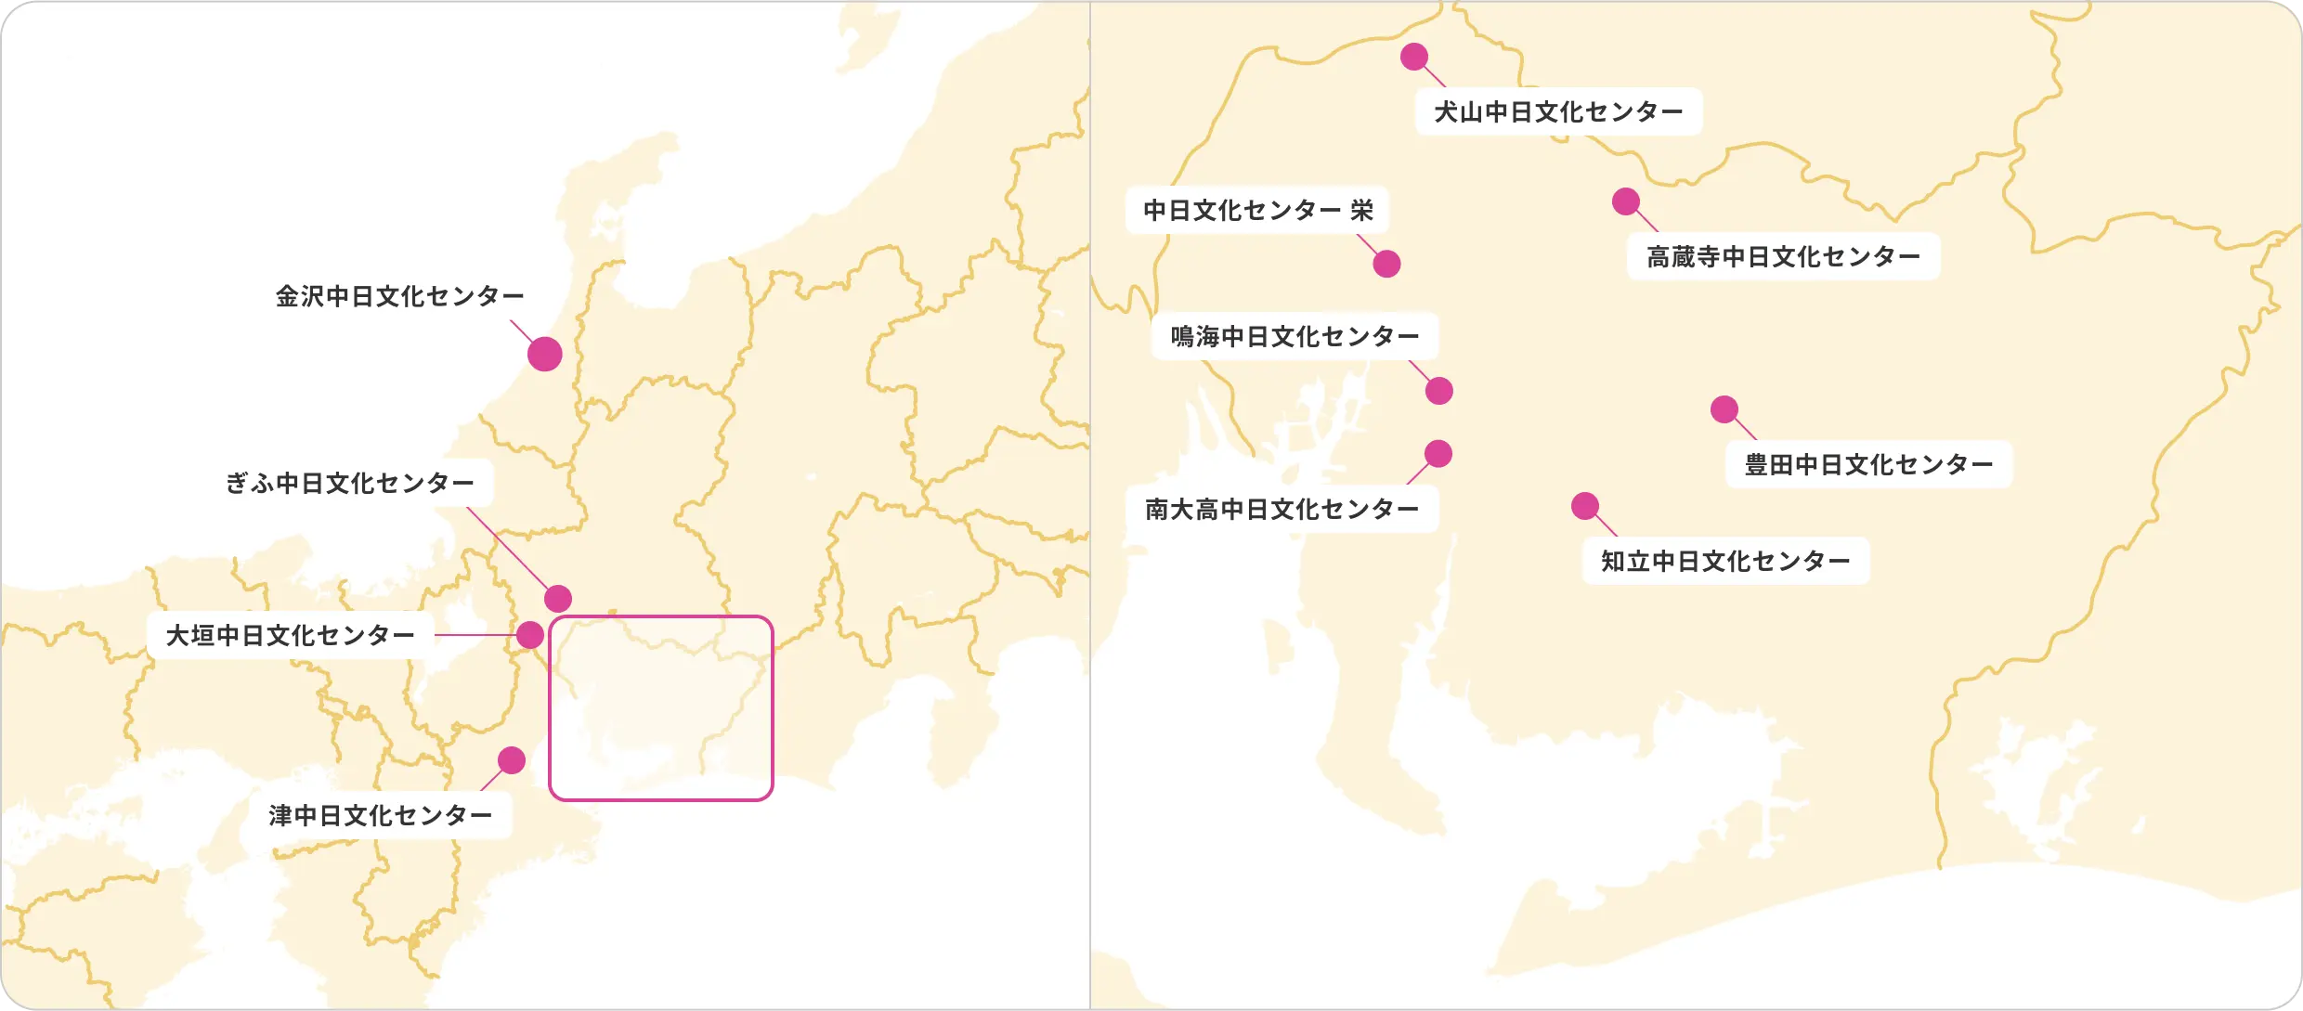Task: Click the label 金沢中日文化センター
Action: click(399, 296)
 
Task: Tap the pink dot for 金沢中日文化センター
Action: click(545, 354)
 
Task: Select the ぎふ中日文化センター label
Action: click(349, 483)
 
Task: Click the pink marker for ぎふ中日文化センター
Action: click(558, 599)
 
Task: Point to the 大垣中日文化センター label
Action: click(290, 635)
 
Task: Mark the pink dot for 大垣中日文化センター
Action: click(530, 635)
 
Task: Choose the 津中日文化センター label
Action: click(380, 815)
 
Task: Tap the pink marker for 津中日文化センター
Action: click(512, 760)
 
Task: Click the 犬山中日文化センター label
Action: click(1558, 111)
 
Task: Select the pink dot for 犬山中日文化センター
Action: click(1414, 57)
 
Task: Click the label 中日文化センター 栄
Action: click(1257, 210)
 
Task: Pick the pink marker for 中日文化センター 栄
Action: click(1387, 264)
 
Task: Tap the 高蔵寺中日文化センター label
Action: click(1783, 256)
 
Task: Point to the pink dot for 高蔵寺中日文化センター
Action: click(1626, 201)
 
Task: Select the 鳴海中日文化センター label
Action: click(1295, 336)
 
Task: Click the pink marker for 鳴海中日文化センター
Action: click(1439, 391)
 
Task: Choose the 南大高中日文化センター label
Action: click(1282, 509)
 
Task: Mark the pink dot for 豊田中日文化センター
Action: click(1724, 409)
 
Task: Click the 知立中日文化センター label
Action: click(1725, 561)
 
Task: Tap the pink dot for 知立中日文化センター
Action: click(1585, 506)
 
